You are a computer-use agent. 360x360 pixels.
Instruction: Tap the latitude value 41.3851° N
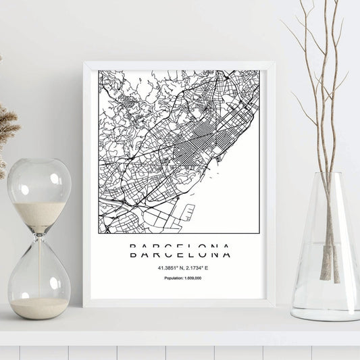[x=161, y=267]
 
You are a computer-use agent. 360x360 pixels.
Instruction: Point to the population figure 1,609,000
[x=193, y=279]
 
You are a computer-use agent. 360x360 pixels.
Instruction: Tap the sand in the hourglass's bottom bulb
[x=39, y=307]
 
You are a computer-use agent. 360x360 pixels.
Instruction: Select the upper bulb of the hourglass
[x=38, y=192]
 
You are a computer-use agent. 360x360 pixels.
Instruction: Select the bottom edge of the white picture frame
[x=179, y=303]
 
